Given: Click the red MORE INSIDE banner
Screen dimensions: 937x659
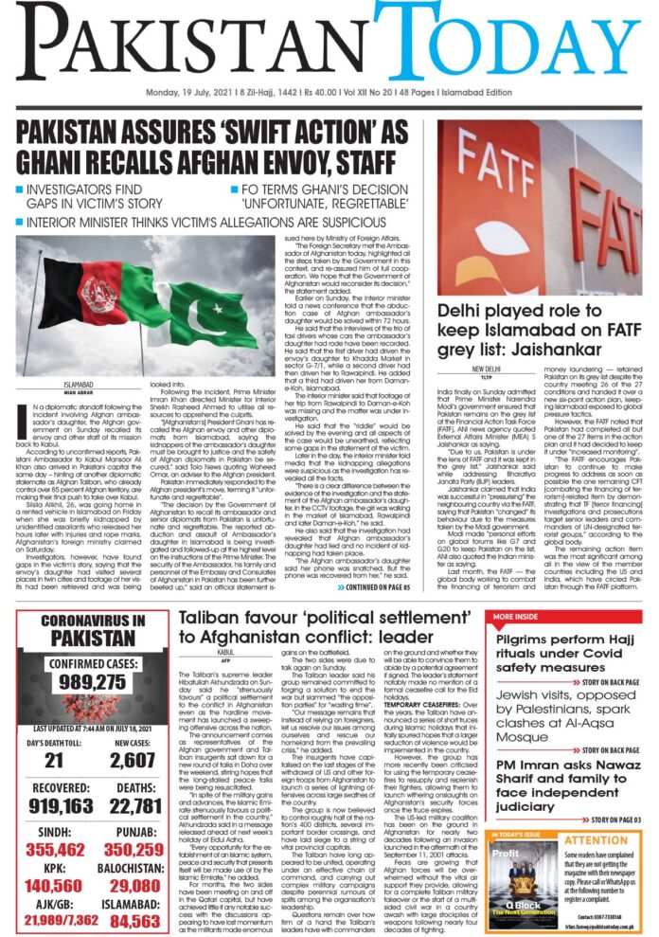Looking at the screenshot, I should [x=517, y=616].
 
